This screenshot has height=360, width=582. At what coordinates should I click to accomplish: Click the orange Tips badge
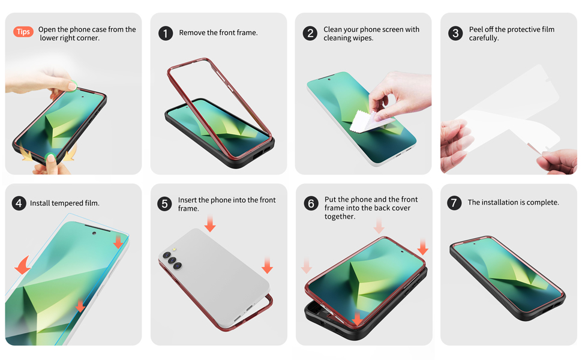tap(23, 32)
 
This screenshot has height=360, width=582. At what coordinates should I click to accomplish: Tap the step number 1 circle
tap(166, 33)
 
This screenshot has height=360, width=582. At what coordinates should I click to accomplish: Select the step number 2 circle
tap(310, 33)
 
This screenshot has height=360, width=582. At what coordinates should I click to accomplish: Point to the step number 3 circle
tap(455, 33)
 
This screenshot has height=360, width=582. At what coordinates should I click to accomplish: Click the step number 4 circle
tap(19, 203)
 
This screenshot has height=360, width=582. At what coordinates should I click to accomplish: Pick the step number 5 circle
tap(165, 204)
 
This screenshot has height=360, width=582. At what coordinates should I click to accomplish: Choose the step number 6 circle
tap(311, 204)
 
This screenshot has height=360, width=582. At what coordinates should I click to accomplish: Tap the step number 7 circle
tap(454, 203)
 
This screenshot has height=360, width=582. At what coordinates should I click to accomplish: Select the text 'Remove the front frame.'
tap(218, 33)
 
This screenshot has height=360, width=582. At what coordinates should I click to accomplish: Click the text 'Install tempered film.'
tap(65, 203)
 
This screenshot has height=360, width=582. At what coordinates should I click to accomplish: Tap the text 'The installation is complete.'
tap(513, 203)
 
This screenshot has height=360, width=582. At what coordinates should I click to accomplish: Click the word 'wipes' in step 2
tap(363, 38)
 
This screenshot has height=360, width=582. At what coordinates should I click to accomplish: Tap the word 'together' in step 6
tap(340, 217)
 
